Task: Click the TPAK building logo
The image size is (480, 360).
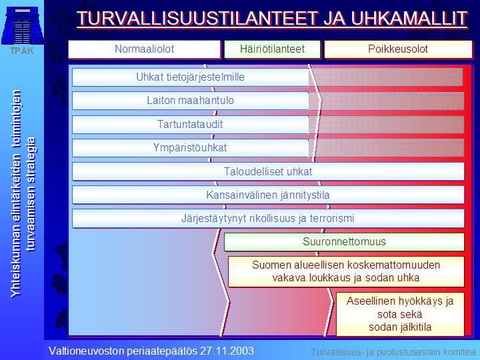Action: (22, 27)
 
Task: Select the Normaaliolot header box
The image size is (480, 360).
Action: (144, 49)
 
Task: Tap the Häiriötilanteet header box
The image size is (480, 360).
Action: (272, 49)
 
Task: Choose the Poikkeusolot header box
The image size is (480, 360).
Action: (398, 49)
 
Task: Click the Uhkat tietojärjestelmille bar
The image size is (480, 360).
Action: (191, 77)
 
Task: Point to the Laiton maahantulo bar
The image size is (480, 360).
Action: (191, 101)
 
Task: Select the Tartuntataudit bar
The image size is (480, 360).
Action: (191, 124)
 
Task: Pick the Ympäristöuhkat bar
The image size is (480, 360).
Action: (191, 148)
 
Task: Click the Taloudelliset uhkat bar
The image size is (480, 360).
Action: (268, 171)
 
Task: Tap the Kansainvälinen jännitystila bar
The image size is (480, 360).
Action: (268, 195)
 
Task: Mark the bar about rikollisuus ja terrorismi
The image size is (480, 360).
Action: (268, 219)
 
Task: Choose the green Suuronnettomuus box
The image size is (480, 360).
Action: (344, 242)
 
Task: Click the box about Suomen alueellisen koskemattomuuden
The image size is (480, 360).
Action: (346, 271)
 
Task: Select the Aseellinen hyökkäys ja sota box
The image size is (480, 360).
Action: (400, 314)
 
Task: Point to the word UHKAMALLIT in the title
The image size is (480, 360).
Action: (409, 19)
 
